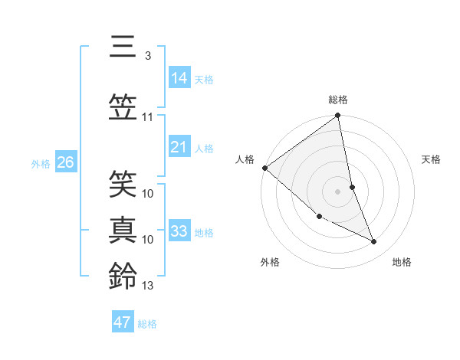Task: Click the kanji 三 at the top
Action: tap(122, 47)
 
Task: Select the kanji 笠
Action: tap(122, 106)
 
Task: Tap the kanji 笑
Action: tap(122, 185)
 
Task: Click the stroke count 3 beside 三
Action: tap(148, 56)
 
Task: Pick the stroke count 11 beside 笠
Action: tap(148, 117)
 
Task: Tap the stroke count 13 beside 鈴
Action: tap(148, 286)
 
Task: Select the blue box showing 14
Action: tap(179, 77)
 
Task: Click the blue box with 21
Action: tap(179, 147)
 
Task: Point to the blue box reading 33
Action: tap(179, 231)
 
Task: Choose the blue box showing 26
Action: tap(65, 162)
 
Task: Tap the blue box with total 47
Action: tap(123, 322)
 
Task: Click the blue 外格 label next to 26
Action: tap(41, 163)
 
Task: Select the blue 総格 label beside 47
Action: tap(147, 324)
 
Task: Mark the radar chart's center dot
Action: tap(337, 191)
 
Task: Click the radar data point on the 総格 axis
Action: tap(337, 116)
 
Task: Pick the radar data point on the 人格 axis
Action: tap(264, 168)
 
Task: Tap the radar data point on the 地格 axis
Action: tap(374, 242)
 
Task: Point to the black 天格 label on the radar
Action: tap(432, 159)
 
